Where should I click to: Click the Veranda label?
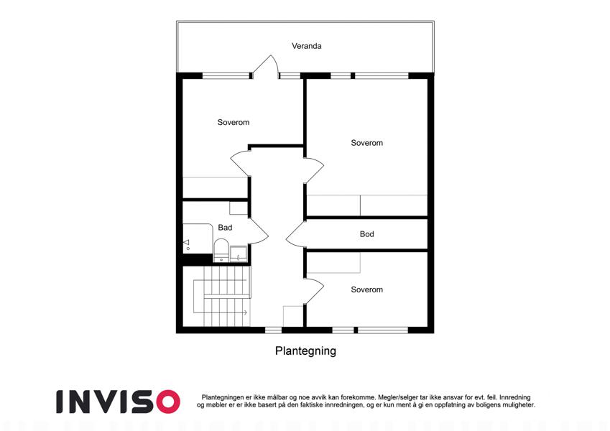pos(307,46)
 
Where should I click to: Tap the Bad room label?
pos(225,228)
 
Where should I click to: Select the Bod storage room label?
pos(367,234)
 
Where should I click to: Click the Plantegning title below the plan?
pos(305,351)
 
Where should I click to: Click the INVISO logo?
pos(118,402)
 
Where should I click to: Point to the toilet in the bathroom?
pos(221,250)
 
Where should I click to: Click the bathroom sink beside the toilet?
pos(238,254)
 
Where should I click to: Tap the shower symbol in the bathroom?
pos(187,244)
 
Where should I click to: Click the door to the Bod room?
pos(296,234)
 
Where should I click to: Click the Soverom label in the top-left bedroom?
pos(234,123)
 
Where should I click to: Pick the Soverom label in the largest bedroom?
pos(367,143)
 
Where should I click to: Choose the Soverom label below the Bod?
pos(367,289)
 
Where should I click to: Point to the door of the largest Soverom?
pos(314,170)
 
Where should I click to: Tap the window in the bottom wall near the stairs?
pos(274,330)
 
